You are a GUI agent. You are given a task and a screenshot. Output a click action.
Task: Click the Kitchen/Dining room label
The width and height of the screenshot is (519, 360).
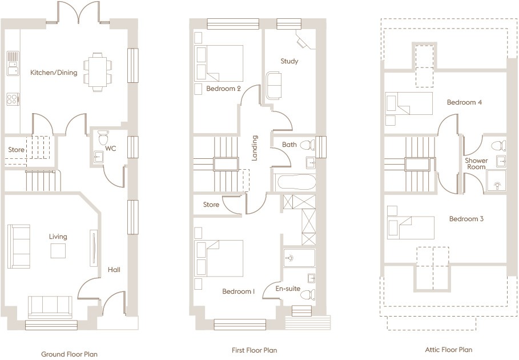coord(54,73)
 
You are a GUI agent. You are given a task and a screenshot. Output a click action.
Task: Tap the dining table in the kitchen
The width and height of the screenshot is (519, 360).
coord(98,72)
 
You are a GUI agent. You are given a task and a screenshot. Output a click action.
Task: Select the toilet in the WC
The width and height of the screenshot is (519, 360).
coord(103,137)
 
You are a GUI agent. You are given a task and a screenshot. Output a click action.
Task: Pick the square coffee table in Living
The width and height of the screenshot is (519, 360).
coord(58,251)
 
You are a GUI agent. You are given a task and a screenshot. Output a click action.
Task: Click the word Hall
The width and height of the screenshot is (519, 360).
coord(114,270)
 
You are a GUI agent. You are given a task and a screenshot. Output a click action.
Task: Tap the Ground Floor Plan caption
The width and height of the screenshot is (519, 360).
coord(69,354)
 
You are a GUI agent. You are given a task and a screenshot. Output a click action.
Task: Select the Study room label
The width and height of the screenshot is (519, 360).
coord(289,61)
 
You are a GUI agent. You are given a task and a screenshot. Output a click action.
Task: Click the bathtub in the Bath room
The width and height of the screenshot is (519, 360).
coord(296,182)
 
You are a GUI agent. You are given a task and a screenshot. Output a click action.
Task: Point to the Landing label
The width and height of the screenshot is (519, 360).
coord(255,148)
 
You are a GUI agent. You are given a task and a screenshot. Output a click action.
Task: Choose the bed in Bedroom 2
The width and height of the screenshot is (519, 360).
coord(219,63)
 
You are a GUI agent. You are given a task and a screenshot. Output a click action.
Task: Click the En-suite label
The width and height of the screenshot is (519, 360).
coord(288,289)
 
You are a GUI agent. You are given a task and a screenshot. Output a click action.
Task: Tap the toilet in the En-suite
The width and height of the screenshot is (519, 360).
coord(308,294)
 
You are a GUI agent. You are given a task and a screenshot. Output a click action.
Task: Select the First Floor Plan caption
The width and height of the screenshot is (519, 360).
coord(254,350)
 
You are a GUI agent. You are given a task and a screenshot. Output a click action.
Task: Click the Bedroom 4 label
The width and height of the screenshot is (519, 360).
coord(464,102)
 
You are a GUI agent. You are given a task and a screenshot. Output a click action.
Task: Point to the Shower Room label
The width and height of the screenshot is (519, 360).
coord(476,163)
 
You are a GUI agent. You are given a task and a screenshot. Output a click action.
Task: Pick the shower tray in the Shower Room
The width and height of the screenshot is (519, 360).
coord(496,181)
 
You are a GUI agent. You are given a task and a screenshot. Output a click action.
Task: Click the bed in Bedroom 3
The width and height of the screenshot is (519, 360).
coord(411,228)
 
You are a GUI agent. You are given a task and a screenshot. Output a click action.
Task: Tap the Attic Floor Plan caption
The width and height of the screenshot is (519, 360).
coord(449,349)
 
